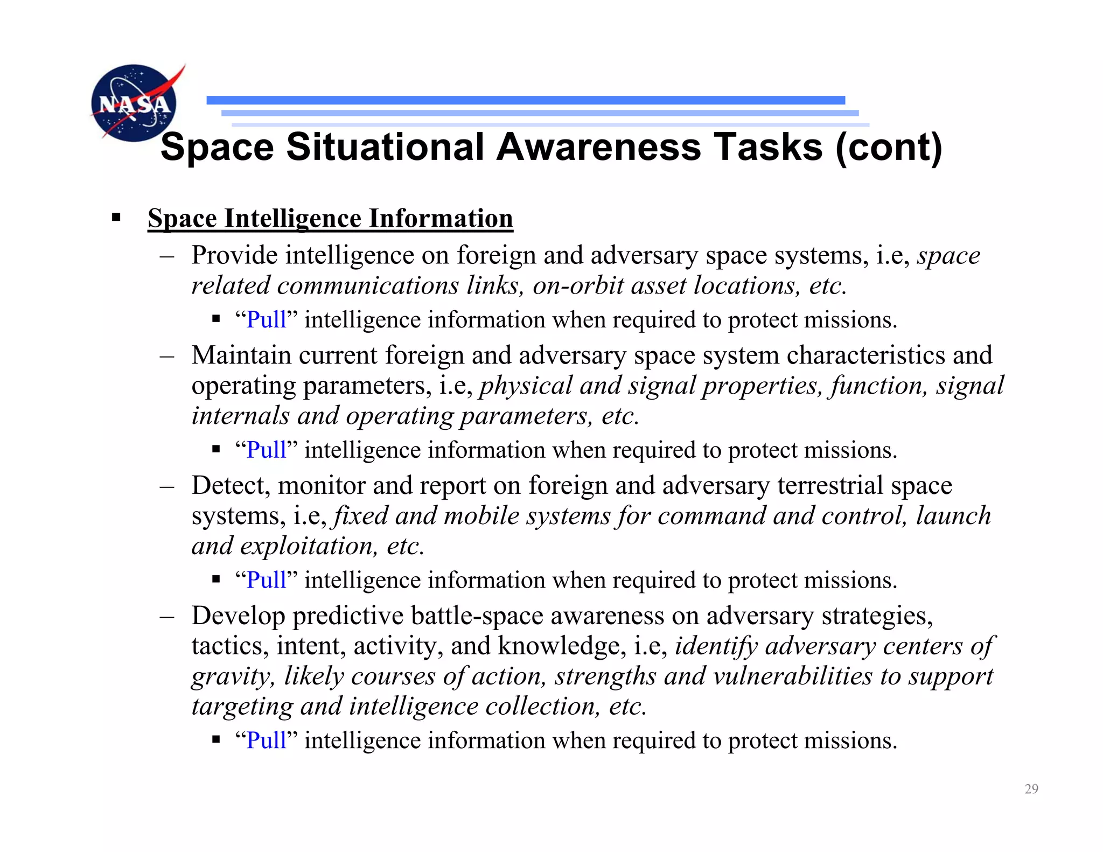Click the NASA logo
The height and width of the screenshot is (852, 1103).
(x=135, y=102)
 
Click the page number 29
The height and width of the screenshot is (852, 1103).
(x=1031, y=789)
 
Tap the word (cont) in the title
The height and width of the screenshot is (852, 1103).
(x=889, y=147)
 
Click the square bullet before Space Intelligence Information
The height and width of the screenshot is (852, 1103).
(x=116, y=218)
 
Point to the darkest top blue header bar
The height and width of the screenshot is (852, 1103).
(x=525, y=100)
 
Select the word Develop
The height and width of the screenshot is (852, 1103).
(x=238, y=616)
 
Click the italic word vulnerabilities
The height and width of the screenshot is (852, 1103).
(x=792, y=676)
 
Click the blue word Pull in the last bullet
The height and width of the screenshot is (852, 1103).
(x=266, y=741)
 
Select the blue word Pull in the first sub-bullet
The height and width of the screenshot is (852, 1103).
(x=266, y=320)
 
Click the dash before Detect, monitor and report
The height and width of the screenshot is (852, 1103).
(x=167, y=486)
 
